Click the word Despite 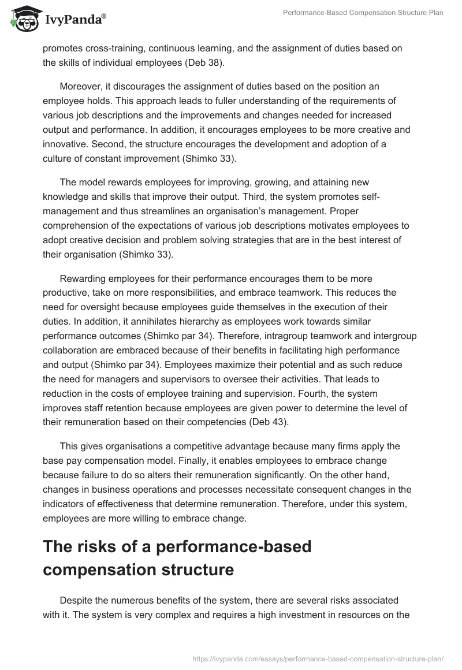pos(77,601)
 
